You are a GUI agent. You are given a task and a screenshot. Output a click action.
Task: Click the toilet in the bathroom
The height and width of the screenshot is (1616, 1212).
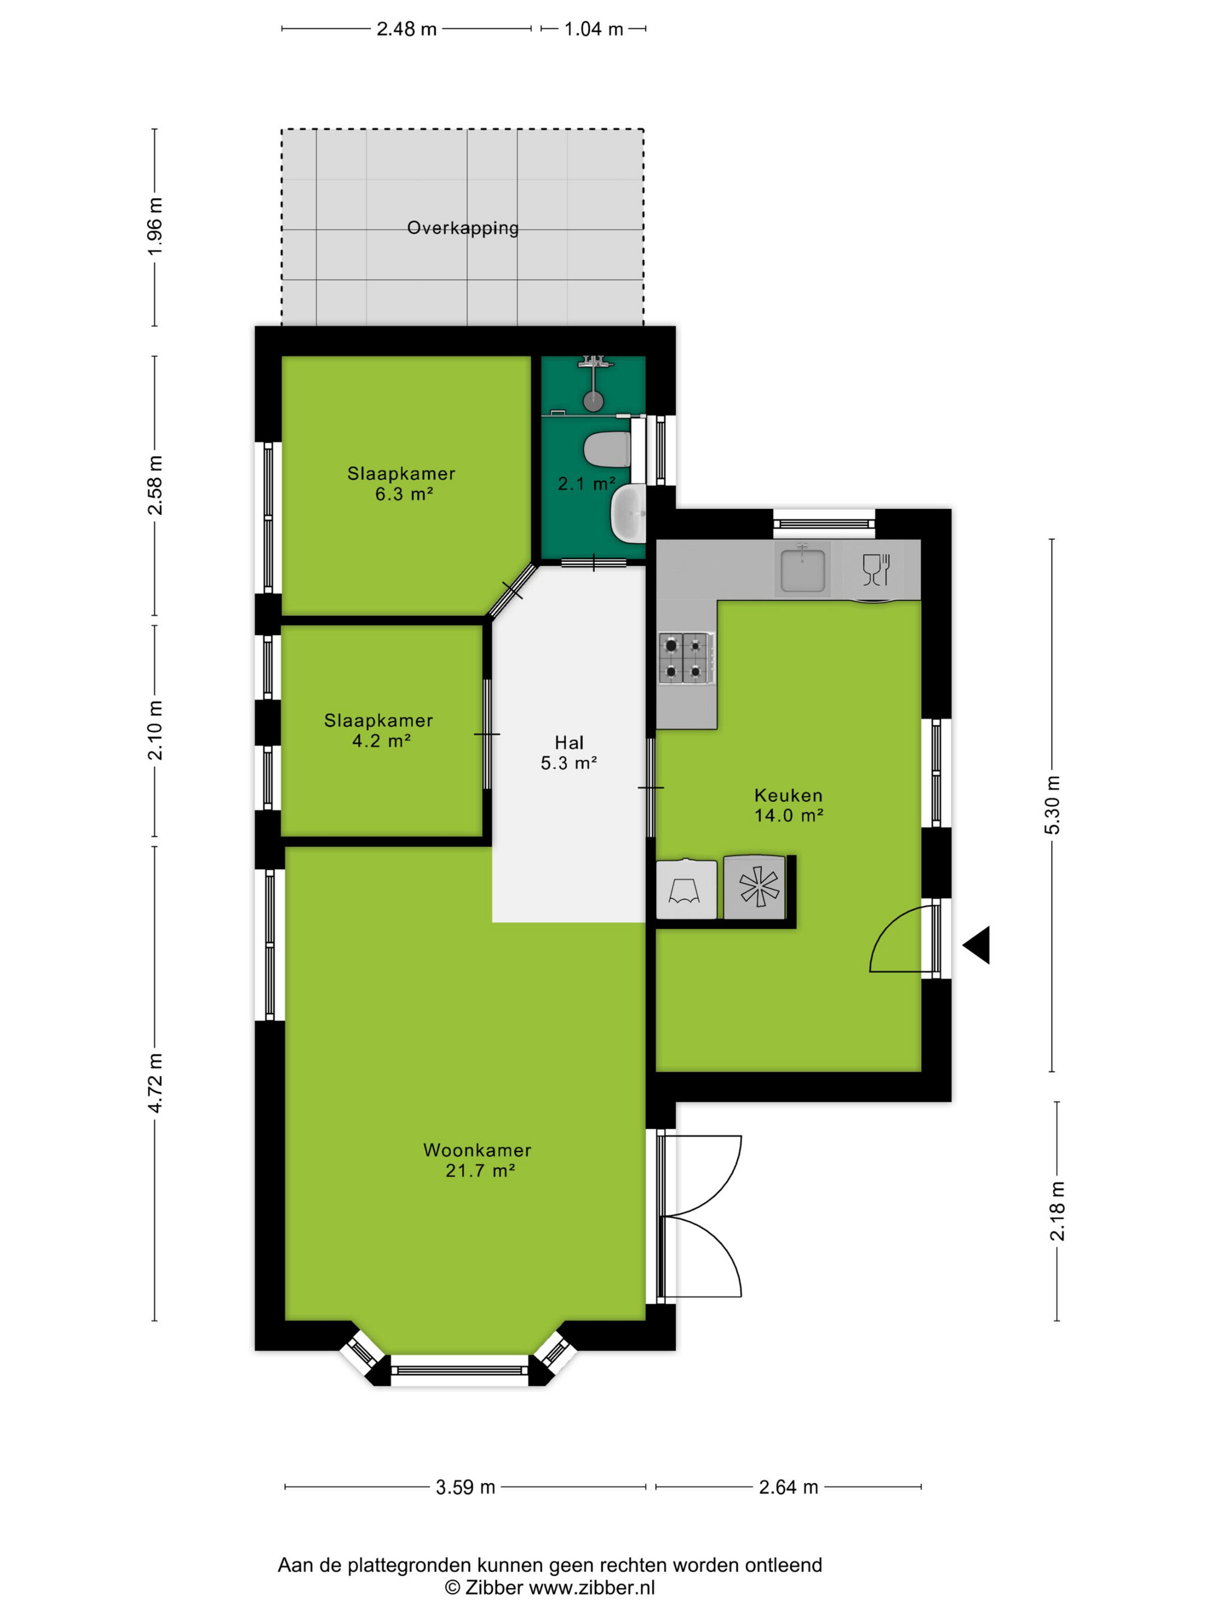click(x=608, y=449)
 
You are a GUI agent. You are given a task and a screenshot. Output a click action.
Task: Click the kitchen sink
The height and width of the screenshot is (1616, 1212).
click(x=803, y=569)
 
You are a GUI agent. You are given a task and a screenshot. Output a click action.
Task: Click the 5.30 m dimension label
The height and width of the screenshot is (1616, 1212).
click(x=1052, y=805)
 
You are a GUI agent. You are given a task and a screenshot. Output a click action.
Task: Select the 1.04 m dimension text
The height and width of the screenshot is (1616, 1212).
click(x=593, y=29)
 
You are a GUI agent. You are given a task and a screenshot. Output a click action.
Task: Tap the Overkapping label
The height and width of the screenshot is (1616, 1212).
click(x=462, y=228)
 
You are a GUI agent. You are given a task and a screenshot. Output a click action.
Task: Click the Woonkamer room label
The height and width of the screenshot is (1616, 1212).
click(x=477, y=1150)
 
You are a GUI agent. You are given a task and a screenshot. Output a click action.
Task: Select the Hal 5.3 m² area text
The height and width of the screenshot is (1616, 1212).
click(x=569, y=753)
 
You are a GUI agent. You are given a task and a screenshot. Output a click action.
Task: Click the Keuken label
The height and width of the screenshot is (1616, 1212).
click(x=788, y=795)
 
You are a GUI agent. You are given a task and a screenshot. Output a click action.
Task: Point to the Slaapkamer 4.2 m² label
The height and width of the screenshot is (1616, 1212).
click(x=379, y=731)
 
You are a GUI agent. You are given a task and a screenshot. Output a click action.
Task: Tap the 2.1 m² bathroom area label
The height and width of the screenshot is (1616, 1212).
click(x=586, y=484)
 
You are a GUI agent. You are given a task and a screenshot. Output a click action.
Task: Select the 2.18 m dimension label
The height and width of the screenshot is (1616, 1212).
click(x=1057, y=1210)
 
